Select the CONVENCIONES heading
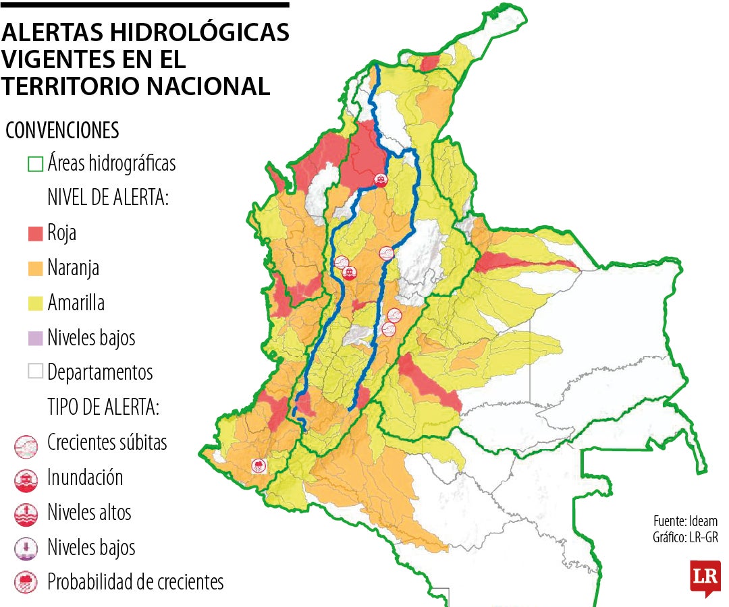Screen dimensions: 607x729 pyautogui.click(x=62, y=129)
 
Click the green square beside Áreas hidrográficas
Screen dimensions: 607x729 pyautogui.click(x=35, y=164)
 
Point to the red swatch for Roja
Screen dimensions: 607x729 pyautogui.click(x=35, y=233)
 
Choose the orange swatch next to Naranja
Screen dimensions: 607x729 pyautogui.click(x=35, y=268)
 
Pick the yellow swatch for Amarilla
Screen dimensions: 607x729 pyautogui.click(x=35, y=303)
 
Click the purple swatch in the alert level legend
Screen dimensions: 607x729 pyautogui.click(x=35, y=338)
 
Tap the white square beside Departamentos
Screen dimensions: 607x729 pyautogui.click(x=35, y=372)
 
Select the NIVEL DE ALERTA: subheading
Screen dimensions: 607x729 pyautogui.click(x=108, y=198)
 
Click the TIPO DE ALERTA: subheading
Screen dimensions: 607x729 pyautogui.click(x=103, y=407)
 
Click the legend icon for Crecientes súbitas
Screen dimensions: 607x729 pyautogui.click(x=25, y=444)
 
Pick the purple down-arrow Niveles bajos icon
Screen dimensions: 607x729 pyautogui.click(x=25, y=548)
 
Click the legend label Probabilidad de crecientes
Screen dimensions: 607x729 pyautogui.click(x=135, y=582)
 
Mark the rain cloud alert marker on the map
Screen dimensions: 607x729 pyautogui.click(x=259, y=465)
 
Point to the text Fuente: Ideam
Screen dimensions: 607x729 pyautogui.click(x=685, y=521)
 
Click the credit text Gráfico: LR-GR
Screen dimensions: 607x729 pyautogui.click(x=684, y=538)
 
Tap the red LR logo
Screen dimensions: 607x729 pyautogui.click(x=705, y=577)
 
